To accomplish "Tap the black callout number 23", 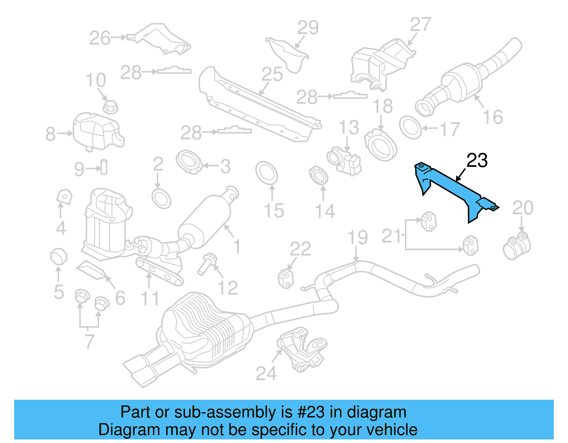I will (477, 161).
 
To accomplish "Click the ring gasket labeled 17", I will (411, 127).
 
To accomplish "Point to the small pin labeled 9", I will (104, 167).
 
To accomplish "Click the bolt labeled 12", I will (205, 264).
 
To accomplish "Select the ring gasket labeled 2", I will (161, 199).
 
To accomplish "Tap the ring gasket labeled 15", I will (266, 173).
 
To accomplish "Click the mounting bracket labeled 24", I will (302, 349).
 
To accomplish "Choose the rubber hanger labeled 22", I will (286, 278).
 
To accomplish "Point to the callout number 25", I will (272, 75).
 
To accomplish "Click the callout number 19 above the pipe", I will (357, 237).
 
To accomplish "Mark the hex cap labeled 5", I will (59, 256).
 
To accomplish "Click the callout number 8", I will (50, 134).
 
